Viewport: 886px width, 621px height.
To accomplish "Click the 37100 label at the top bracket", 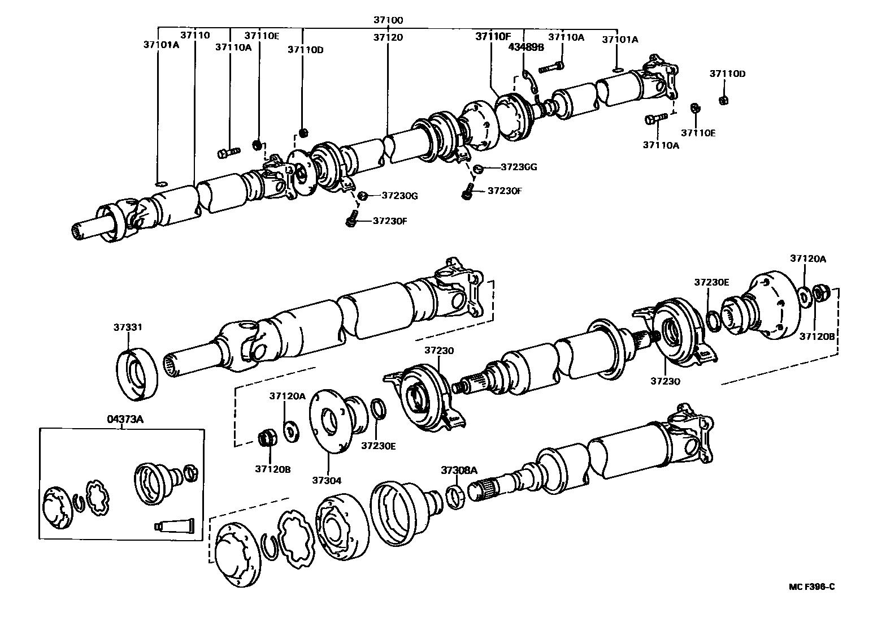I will pos(388,20).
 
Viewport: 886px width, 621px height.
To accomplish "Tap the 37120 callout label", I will pos(388,37).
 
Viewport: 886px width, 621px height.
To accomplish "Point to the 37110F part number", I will pos(492,36).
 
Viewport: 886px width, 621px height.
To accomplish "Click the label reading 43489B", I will pos(525,48).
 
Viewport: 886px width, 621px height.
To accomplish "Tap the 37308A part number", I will pos(459,470).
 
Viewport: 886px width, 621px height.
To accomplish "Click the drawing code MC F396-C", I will pos(811,586).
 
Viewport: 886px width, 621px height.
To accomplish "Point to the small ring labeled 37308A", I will pos(456,493).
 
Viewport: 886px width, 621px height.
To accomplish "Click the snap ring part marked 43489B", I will pos(529,81).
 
